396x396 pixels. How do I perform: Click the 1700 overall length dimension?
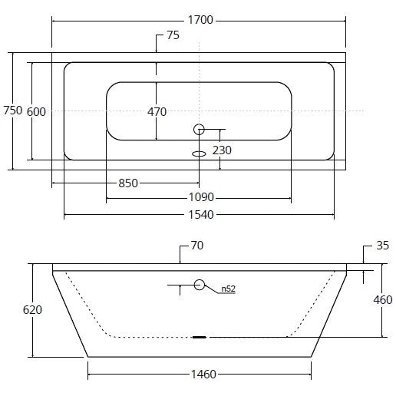click(200, 20)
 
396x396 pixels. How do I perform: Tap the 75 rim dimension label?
click(173, 35)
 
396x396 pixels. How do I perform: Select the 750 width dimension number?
click(13, 111)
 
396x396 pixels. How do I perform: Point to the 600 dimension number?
click(36, 112)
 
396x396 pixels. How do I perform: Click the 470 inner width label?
click(157, 112)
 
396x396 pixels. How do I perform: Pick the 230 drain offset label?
click(222, 150)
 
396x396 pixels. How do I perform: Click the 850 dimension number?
click(128, 183)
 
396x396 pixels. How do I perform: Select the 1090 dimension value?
click(201, 197)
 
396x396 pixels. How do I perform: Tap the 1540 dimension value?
click(201, 215)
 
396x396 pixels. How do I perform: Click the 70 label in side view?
click(197, 246)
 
